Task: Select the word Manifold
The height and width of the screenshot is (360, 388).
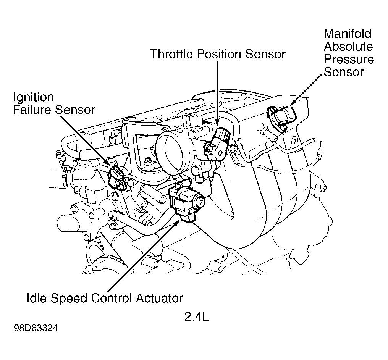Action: pos(347,34)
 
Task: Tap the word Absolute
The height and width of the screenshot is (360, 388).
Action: pos(348,47)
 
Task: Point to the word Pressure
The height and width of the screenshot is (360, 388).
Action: pos(349,60)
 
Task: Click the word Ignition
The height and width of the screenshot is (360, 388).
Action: pos(34,97)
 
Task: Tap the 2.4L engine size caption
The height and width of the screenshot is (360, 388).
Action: pos(197,317)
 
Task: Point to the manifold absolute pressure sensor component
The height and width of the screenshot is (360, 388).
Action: pos(281,115)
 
